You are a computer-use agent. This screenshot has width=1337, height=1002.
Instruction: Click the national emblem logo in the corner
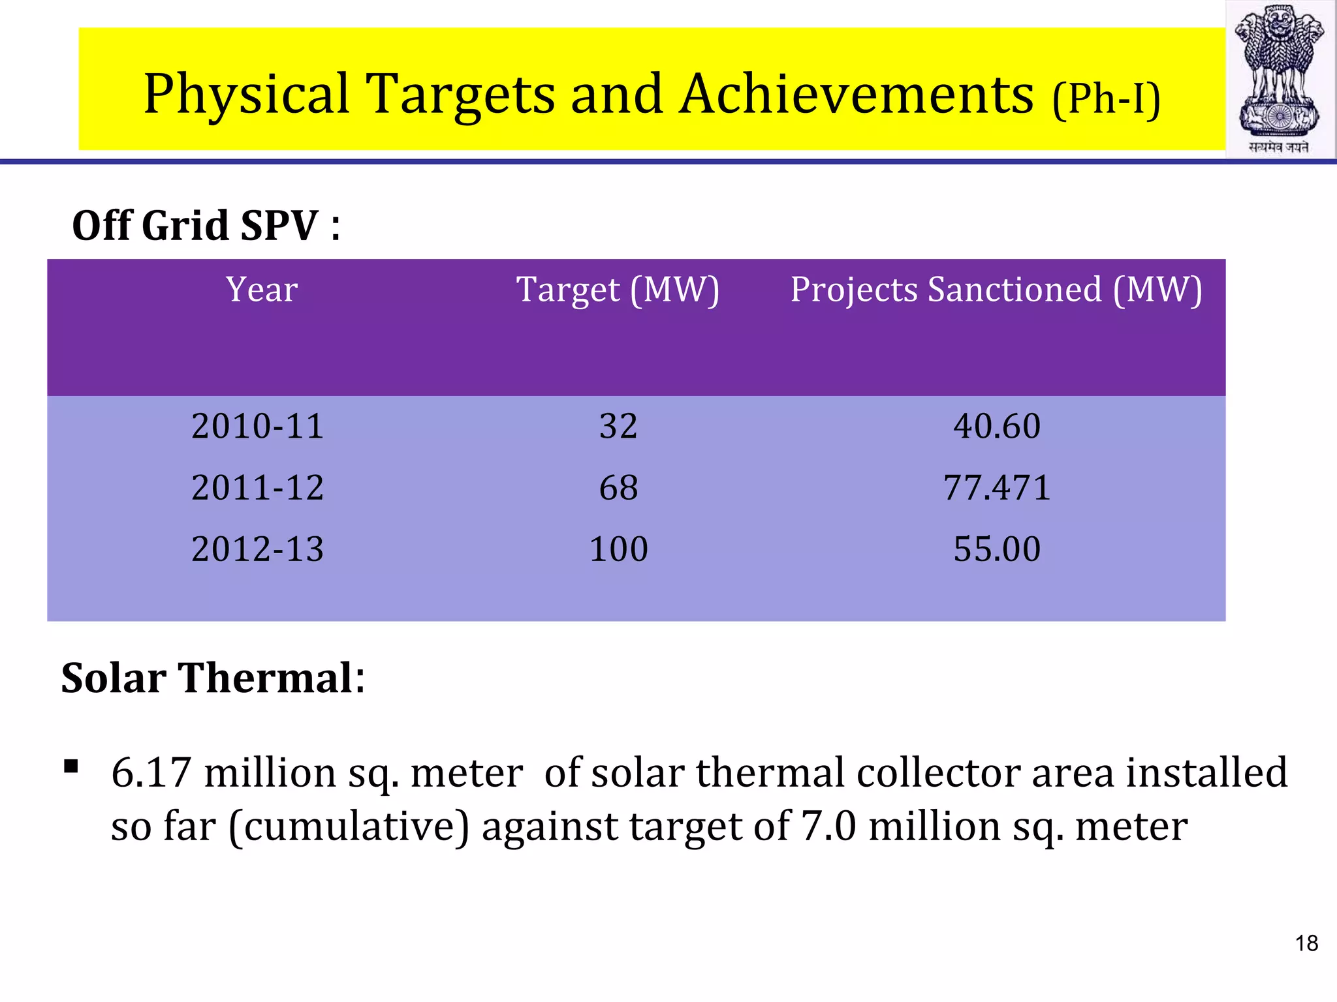[x=1280, y=78]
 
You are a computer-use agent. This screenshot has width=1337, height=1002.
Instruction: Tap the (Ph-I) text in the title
[x=1106, y=99]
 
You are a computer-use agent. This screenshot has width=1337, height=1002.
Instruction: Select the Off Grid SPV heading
[x=206, y=226]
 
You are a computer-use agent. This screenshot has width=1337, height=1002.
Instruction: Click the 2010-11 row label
[x=258, y=426]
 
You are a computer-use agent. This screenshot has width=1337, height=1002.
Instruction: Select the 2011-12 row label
[x=258, y=487]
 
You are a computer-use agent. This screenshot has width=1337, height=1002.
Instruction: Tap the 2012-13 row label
[x=258, y=549]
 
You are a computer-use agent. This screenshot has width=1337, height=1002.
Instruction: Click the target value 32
[x=618, y=426]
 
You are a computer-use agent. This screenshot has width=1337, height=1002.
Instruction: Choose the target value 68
[x=618, y=487]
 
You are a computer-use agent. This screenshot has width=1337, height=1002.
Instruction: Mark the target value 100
[x=618, y=549]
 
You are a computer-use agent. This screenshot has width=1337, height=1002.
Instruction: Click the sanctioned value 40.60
[x=997, y=426]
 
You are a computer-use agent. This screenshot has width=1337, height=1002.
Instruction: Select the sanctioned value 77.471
[x=997, y=487]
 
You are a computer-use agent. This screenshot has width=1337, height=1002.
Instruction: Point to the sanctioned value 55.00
[x=997, y=549]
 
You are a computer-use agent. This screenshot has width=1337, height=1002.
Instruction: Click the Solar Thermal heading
[x=213, y=678]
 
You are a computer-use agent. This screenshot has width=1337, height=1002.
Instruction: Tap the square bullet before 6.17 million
[x=71, y=766]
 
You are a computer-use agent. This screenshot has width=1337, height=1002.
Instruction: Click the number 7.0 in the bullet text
[x=828, y=827]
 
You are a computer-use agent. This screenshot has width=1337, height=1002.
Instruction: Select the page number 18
[x=1306, y=943]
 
